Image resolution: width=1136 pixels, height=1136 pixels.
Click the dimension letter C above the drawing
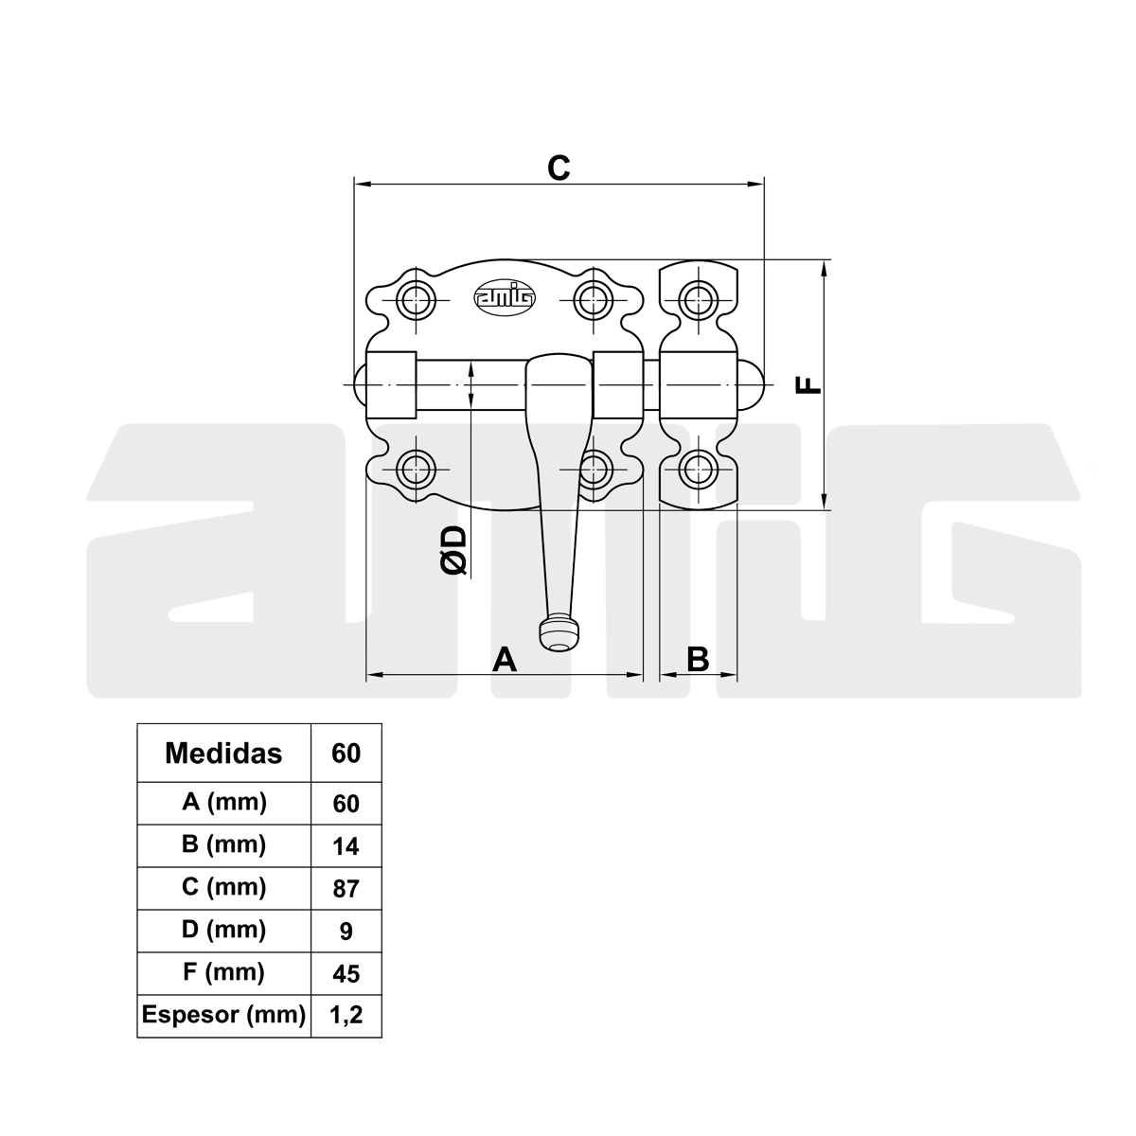tap(559, 168)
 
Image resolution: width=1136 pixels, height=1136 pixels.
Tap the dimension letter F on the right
tap(808, 385)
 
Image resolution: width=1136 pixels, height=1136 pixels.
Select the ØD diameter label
tap(454, 550)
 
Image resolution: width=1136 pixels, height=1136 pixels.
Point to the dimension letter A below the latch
tap(505, 659)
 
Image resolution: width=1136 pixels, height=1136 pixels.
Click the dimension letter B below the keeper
tap(698, 659)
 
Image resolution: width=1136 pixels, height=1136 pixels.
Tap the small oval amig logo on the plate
tap(505, 296)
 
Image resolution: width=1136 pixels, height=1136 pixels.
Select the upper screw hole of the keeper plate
tap(699, 300)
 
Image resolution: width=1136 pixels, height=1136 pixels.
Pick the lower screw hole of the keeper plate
tap(699, 470)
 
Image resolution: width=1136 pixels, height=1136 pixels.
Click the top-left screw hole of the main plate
tap(417, 300)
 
